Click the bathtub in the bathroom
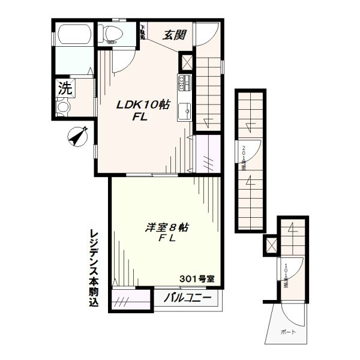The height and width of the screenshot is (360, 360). pyautogui.click(x=73, y=35)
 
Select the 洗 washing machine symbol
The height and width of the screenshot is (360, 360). pyautogui.click(x=64, y=88)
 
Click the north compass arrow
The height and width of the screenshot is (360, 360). pyautogui.click(x=77, y=136)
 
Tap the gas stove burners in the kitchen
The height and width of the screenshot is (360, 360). pyautogui.click(x=184, y=82)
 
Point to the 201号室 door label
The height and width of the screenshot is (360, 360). pyautogui.click(x=244, y=157)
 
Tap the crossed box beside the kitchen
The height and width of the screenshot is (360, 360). pyautogui.click(x=187, y=63)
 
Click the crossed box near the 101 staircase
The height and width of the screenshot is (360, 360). pyautogui.click(x=271, y=245)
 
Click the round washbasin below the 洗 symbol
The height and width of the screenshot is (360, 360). pyautogui.click(x=63, y=107)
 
